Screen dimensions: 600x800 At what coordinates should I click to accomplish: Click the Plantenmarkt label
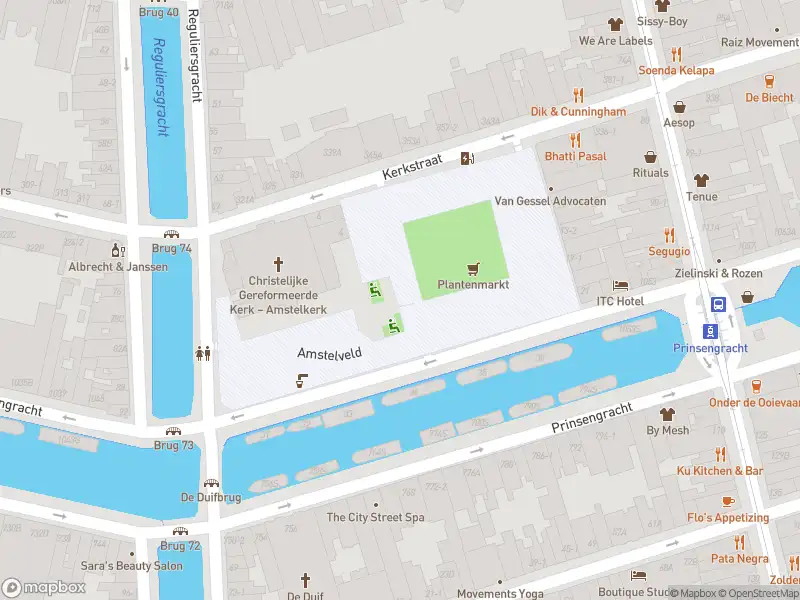click(x=473, y=285)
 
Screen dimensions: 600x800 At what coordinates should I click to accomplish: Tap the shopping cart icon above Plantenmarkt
click(x=473, y=268)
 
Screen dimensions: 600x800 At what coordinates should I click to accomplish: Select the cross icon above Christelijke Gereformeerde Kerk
click(x=278, y=263)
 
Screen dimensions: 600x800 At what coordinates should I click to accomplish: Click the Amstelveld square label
click(x=329, y=354)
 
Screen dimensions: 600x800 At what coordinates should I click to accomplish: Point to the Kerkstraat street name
click(x=412, y=168)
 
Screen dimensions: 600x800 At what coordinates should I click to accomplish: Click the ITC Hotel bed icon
click(x=620, y=285)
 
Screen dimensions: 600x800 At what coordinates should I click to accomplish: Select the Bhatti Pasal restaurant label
click(x=575, y=157)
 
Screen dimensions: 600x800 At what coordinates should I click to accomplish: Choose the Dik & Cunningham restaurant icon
click(x=578, y=95)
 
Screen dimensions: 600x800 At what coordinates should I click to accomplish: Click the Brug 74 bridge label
click(x=171, y=248)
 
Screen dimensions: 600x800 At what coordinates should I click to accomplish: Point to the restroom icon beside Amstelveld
click(x=203, y=352)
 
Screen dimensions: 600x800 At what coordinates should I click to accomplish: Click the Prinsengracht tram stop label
click(x=711, y=348)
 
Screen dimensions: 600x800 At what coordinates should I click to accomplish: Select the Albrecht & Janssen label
click(x=118, y=267)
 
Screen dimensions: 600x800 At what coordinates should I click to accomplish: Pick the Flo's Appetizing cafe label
click(x=728, y=518)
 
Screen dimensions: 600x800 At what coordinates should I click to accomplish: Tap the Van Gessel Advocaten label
click(x=550, y=201)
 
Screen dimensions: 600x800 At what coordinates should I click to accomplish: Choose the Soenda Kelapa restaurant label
click(x=677, y=70)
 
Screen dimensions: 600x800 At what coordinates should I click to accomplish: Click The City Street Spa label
click(x=376, y=517)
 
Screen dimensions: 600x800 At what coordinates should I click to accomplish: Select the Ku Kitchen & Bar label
click(x=719, y=470)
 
